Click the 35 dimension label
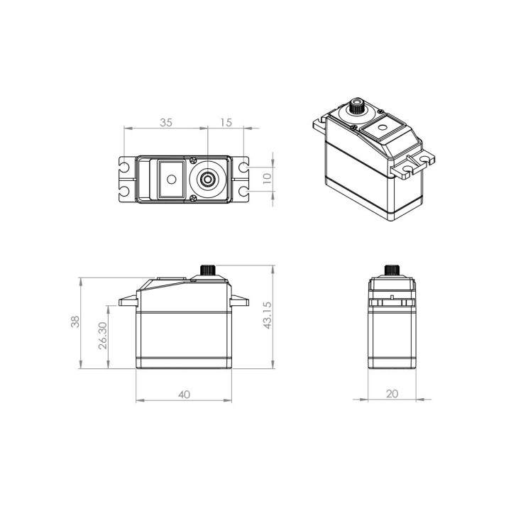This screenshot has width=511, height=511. [x=166, y=123]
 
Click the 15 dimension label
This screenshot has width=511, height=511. [x=226, y=123]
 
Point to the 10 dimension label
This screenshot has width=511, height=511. [x=267, y=178]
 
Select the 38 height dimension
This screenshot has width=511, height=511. [x=75, y=322]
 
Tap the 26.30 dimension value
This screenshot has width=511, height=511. [x=103, y=336]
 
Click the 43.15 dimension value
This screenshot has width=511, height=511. [x=268, y=315]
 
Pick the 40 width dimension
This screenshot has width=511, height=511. [x=184, y=395]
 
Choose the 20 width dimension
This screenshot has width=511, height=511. [x=392, y=394]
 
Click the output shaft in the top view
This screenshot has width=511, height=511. [x=207, y=179]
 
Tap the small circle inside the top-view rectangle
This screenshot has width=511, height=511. [x=172, y=180]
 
